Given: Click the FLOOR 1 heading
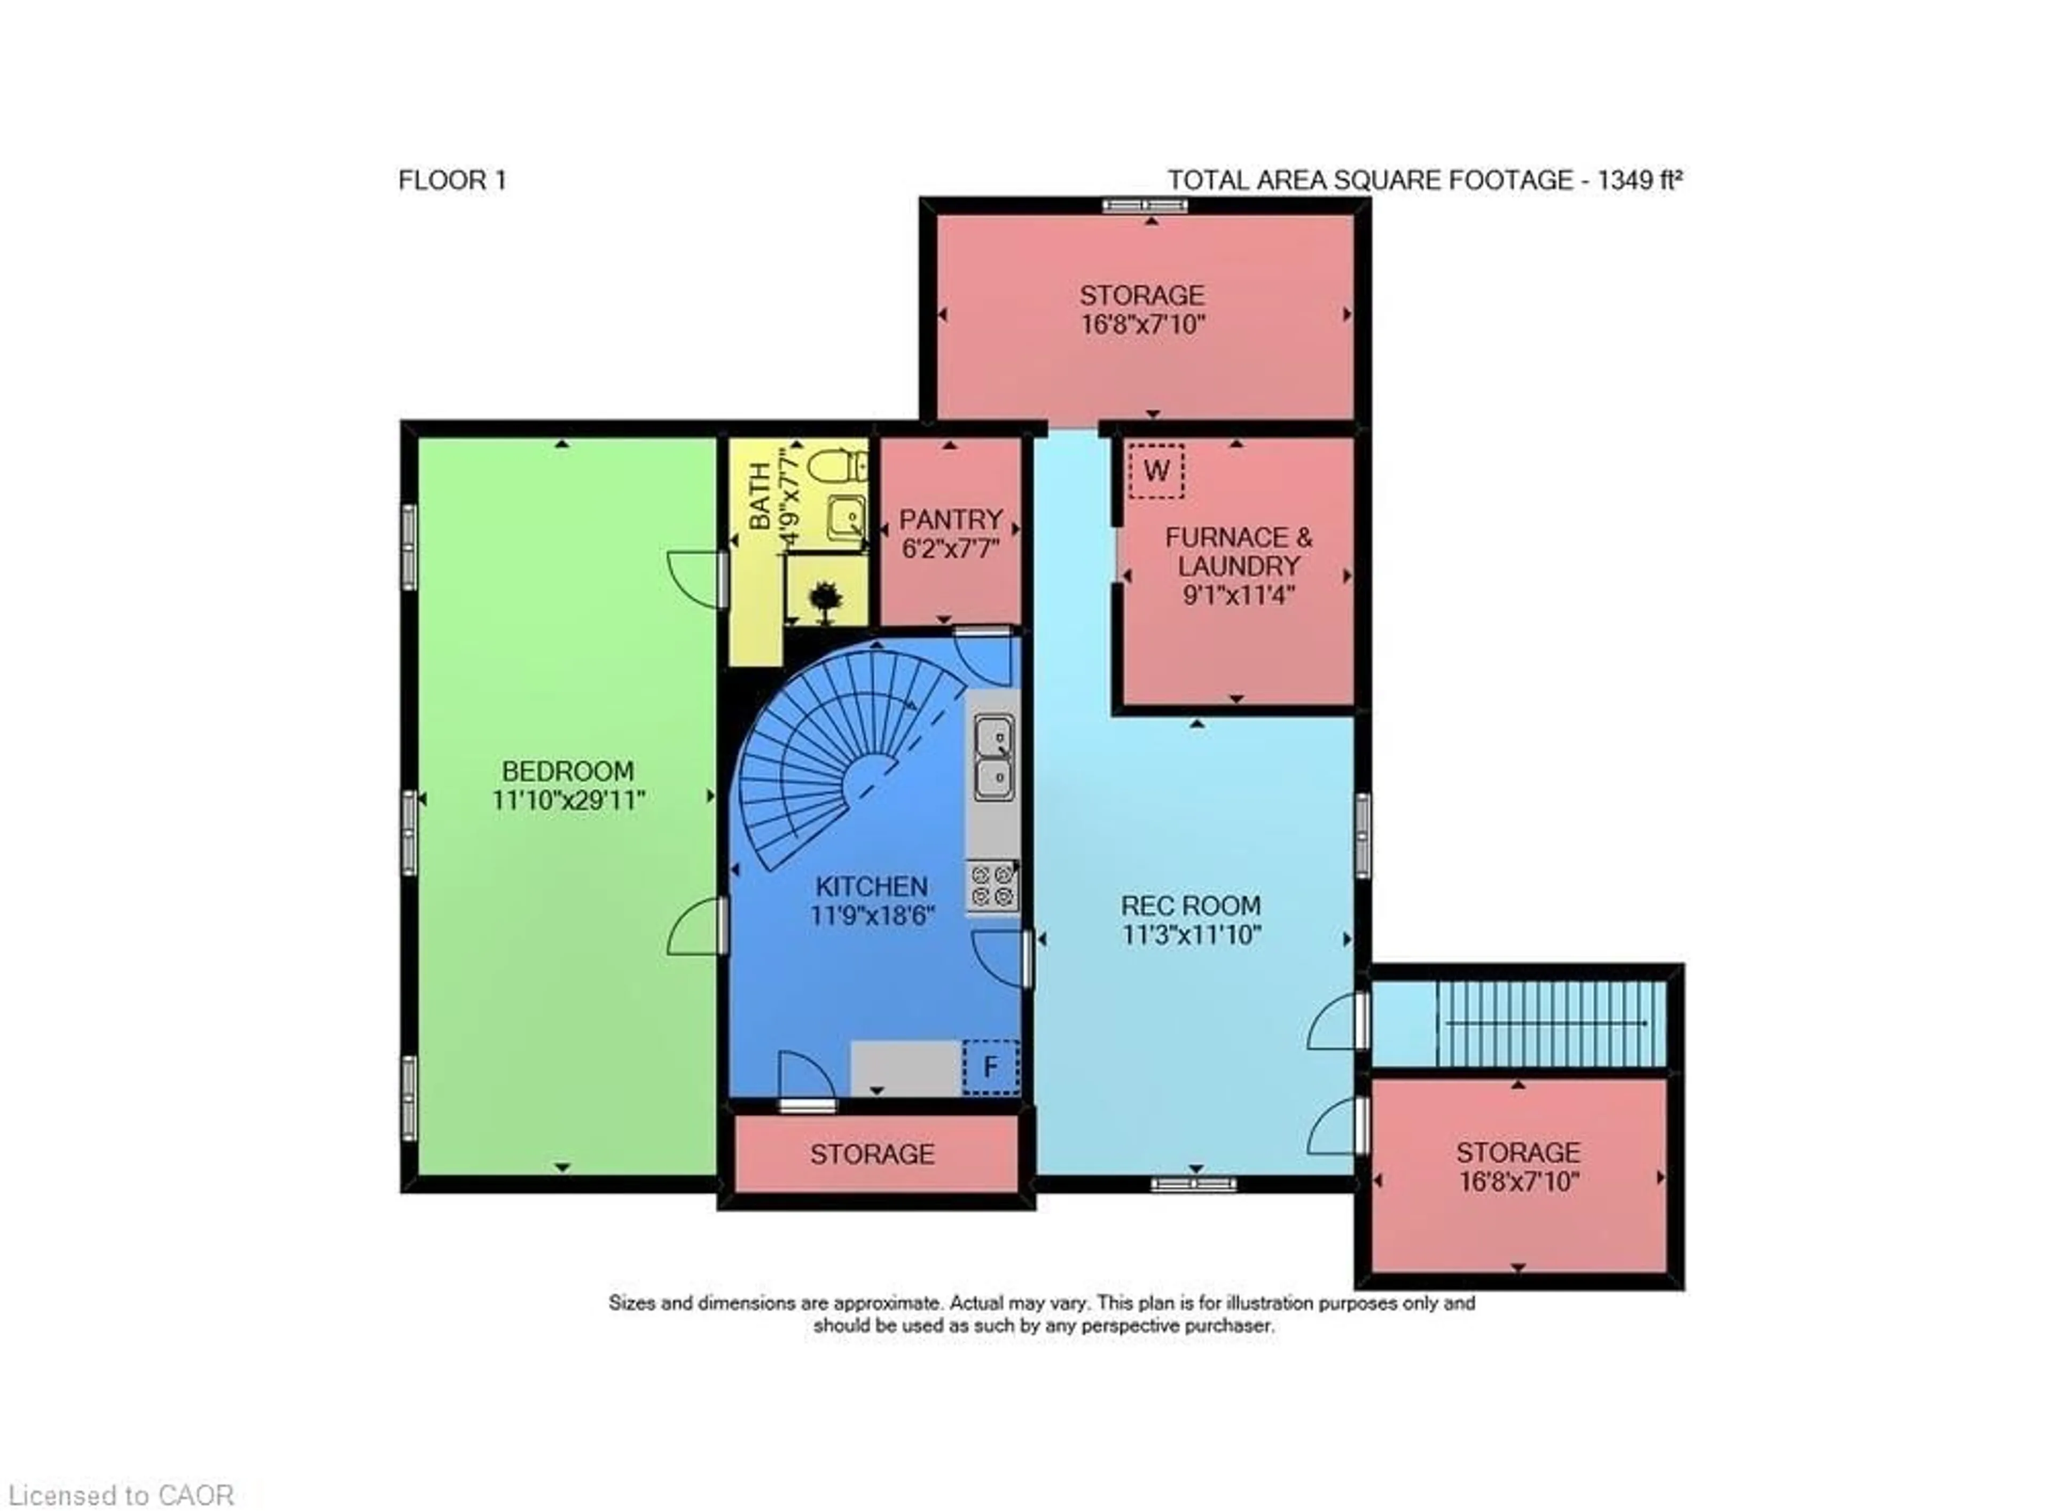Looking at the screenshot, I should [452, 180].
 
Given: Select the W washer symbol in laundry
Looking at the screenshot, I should [1155, 471].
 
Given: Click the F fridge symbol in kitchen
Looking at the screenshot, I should [990, 1066].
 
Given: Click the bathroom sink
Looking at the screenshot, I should [846, 518].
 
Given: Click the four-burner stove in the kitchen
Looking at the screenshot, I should [992, 885].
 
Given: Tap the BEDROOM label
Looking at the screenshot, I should [567, 771].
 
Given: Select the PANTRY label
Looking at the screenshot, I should [951, 520].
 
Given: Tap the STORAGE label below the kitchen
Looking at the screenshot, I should [872, 1154].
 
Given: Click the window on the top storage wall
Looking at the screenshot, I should [1144, 206].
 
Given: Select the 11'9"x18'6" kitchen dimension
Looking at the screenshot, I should [871, 915].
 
